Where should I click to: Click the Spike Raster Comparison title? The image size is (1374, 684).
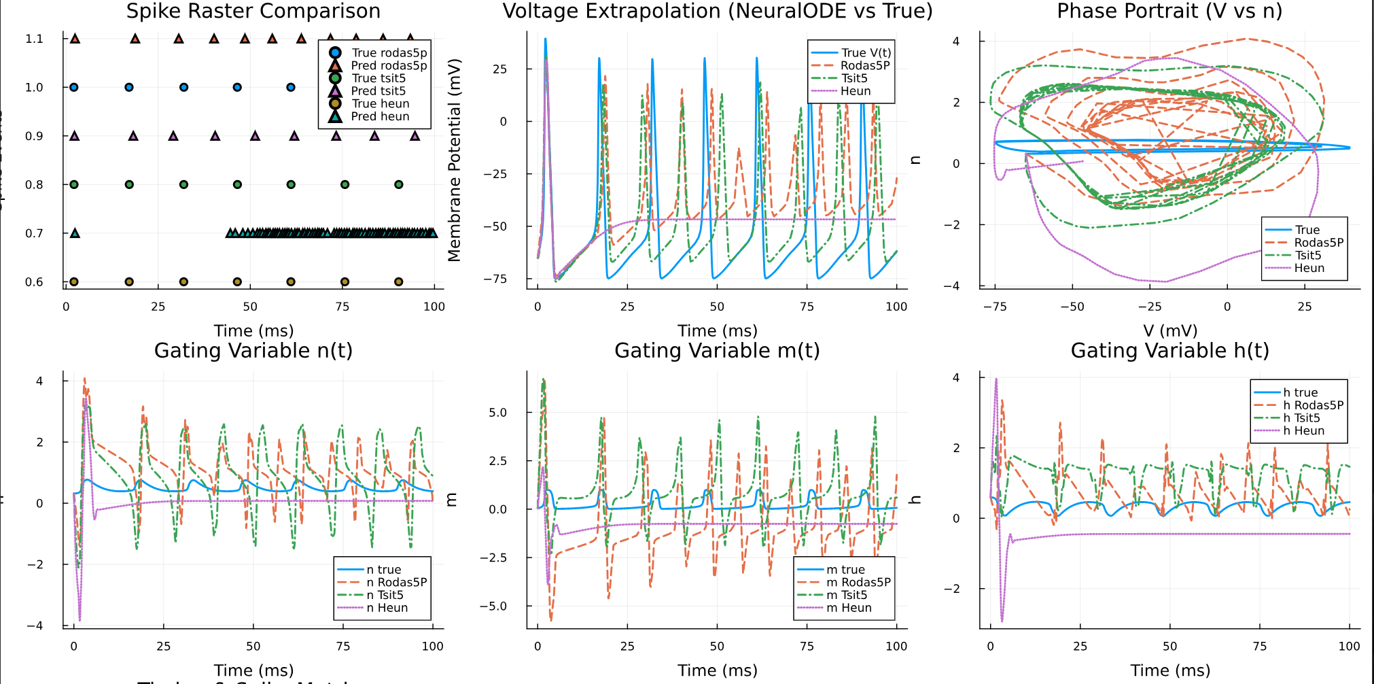pos(253,11)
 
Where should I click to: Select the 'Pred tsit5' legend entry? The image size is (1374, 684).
pos(378,91)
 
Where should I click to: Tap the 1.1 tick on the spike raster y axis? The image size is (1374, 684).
pos(34,39)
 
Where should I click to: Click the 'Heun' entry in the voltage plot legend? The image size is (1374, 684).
pos(855,91)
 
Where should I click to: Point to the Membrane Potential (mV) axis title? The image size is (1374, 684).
pos(454,160)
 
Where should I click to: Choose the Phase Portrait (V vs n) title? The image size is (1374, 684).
pos(1169,11)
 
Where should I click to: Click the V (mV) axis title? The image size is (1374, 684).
pos(1169,330)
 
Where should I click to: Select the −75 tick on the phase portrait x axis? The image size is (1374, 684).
pos(995,307)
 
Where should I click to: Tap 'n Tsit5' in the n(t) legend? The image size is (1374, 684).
pos(385,595)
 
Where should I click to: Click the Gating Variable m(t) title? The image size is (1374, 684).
pos(717,351)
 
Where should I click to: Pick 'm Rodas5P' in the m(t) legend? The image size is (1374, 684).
pos(858,582)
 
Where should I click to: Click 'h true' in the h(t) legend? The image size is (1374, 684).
pos(1300,392)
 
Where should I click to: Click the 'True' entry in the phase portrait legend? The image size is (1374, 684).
pos(1307,230)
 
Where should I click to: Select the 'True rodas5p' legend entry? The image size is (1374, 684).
pos(389,53)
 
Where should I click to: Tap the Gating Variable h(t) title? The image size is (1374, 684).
pos(1169,351)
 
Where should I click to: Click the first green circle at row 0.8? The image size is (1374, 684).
pos(74,184)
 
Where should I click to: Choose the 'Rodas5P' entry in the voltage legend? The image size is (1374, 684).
pos(864,65)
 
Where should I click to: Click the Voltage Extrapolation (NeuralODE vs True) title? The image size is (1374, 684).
pos(717,11)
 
